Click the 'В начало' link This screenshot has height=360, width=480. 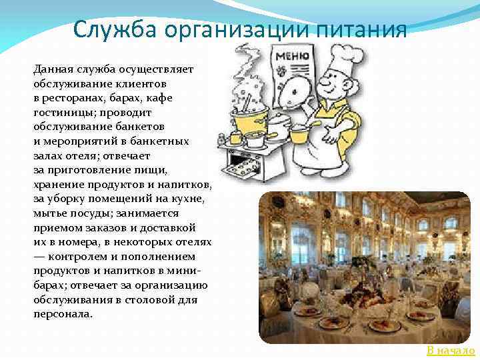(451, 351)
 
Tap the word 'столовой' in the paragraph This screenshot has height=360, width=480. (147, 299)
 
